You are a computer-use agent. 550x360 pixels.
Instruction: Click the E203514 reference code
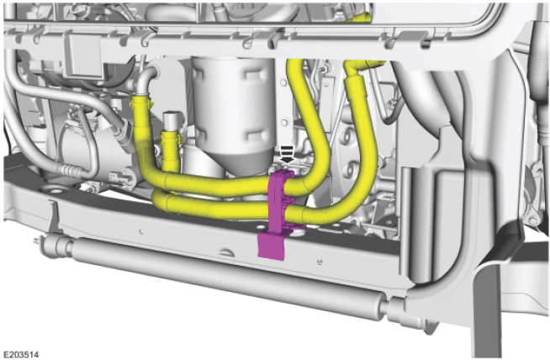(21, 354)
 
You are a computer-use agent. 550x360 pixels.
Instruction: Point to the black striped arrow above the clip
(288, 155)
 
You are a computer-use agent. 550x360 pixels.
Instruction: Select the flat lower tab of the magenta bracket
(271, 246)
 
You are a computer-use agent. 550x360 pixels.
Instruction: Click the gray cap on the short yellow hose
(172, 121)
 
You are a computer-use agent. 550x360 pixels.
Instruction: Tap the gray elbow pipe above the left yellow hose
(146, 82)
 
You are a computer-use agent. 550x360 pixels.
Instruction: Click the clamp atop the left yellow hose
(142, 102)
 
